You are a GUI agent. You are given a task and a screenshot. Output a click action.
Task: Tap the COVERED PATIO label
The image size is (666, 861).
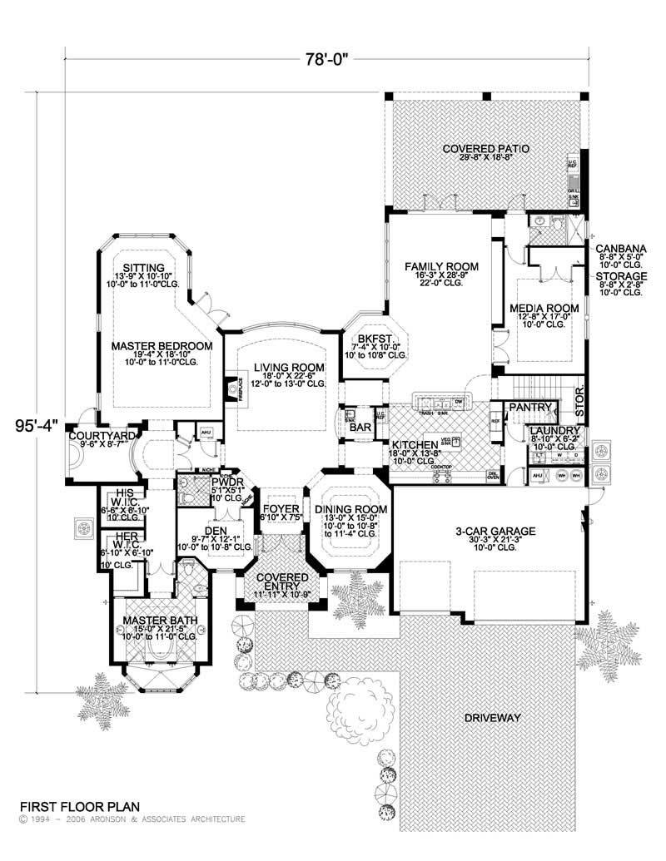pos(486,149)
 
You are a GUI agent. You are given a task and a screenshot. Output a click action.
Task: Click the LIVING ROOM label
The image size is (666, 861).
pos(277,367)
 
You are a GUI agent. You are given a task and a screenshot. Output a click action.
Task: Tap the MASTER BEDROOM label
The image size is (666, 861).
pos(162,344)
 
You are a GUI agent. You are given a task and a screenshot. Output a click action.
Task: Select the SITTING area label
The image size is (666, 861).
pos(142,267)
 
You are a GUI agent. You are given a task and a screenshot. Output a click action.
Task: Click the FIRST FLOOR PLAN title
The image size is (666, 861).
pos(80,806)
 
